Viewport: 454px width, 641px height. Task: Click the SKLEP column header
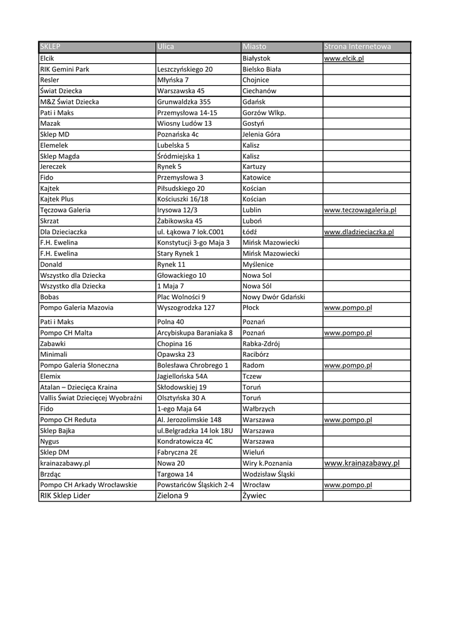coord(51,47)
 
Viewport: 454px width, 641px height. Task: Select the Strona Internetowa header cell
coord(357,47)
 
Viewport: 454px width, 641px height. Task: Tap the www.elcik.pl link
coord(344,58)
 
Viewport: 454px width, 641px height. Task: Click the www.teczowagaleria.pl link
coord(359,210)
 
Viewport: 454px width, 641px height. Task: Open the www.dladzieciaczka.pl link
coord(358,232)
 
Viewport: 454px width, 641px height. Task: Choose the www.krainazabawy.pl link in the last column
coord(361,463)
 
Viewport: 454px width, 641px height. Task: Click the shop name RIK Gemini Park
coord(64,69)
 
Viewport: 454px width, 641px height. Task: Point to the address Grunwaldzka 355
coord(183,101)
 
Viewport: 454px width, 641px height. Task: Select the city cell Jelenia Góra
coord(261,135)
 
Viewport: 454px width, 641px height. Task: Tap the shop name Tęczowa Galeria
coord(65,210)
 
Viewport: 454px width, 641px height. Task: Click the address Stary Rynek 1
coord(178,254)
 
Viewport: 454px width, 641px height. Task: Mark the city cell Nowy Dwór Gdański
coord(273,297)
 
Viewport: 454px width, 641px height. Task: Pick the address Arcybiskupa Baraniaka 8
coord(195,333)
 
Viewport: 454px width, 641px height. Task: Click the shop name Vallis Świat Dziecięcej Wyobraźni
coord(91,398)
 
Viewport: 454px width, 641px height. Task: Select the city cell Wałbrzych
coord(259,409)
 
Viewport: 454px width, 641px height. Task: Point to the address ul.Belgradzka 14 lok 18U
coord(195,431)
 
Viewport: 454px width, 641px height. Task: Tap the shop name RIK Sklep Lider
coord(65,496)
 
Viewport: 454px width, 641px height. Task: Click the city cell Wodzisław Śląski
coord(269,474)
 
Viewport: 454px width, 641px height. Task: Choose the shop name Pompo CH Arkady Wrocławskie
coord(88,485)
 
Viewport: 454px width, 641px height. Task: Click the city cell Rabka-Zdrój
coord(261,344)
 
